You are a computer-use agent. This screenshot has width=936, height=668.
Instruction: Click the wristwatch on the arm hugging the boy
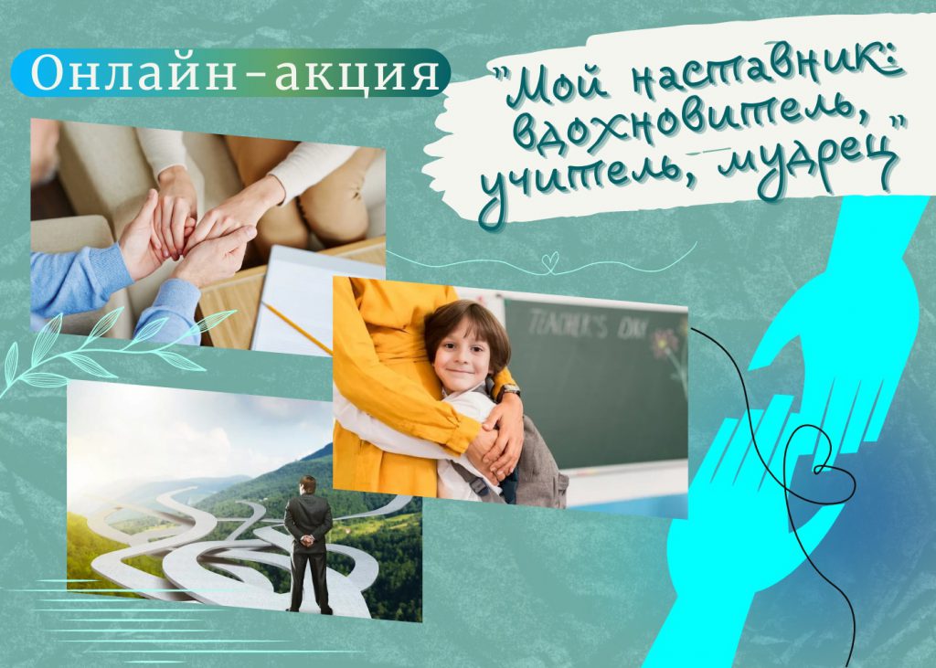508,390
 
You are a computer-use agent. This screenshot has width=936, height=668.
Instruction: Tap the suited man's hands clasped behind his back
307,540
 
